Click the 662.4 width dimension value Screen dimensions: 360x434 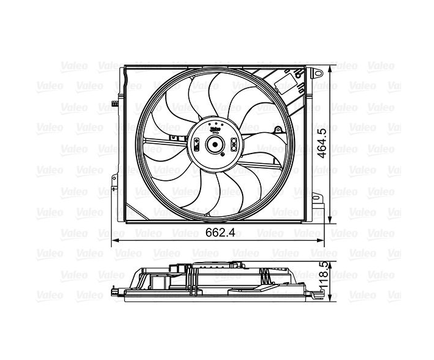point(220,233)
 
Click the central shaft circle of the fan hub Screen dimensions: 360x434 point(215,145)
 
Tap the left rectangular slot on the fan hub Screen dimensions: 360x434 point(197,145)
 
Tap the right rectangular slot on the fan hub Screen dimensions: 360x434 point(235,144)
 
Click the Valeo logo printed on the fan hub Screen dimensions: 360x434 point(215,128)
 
